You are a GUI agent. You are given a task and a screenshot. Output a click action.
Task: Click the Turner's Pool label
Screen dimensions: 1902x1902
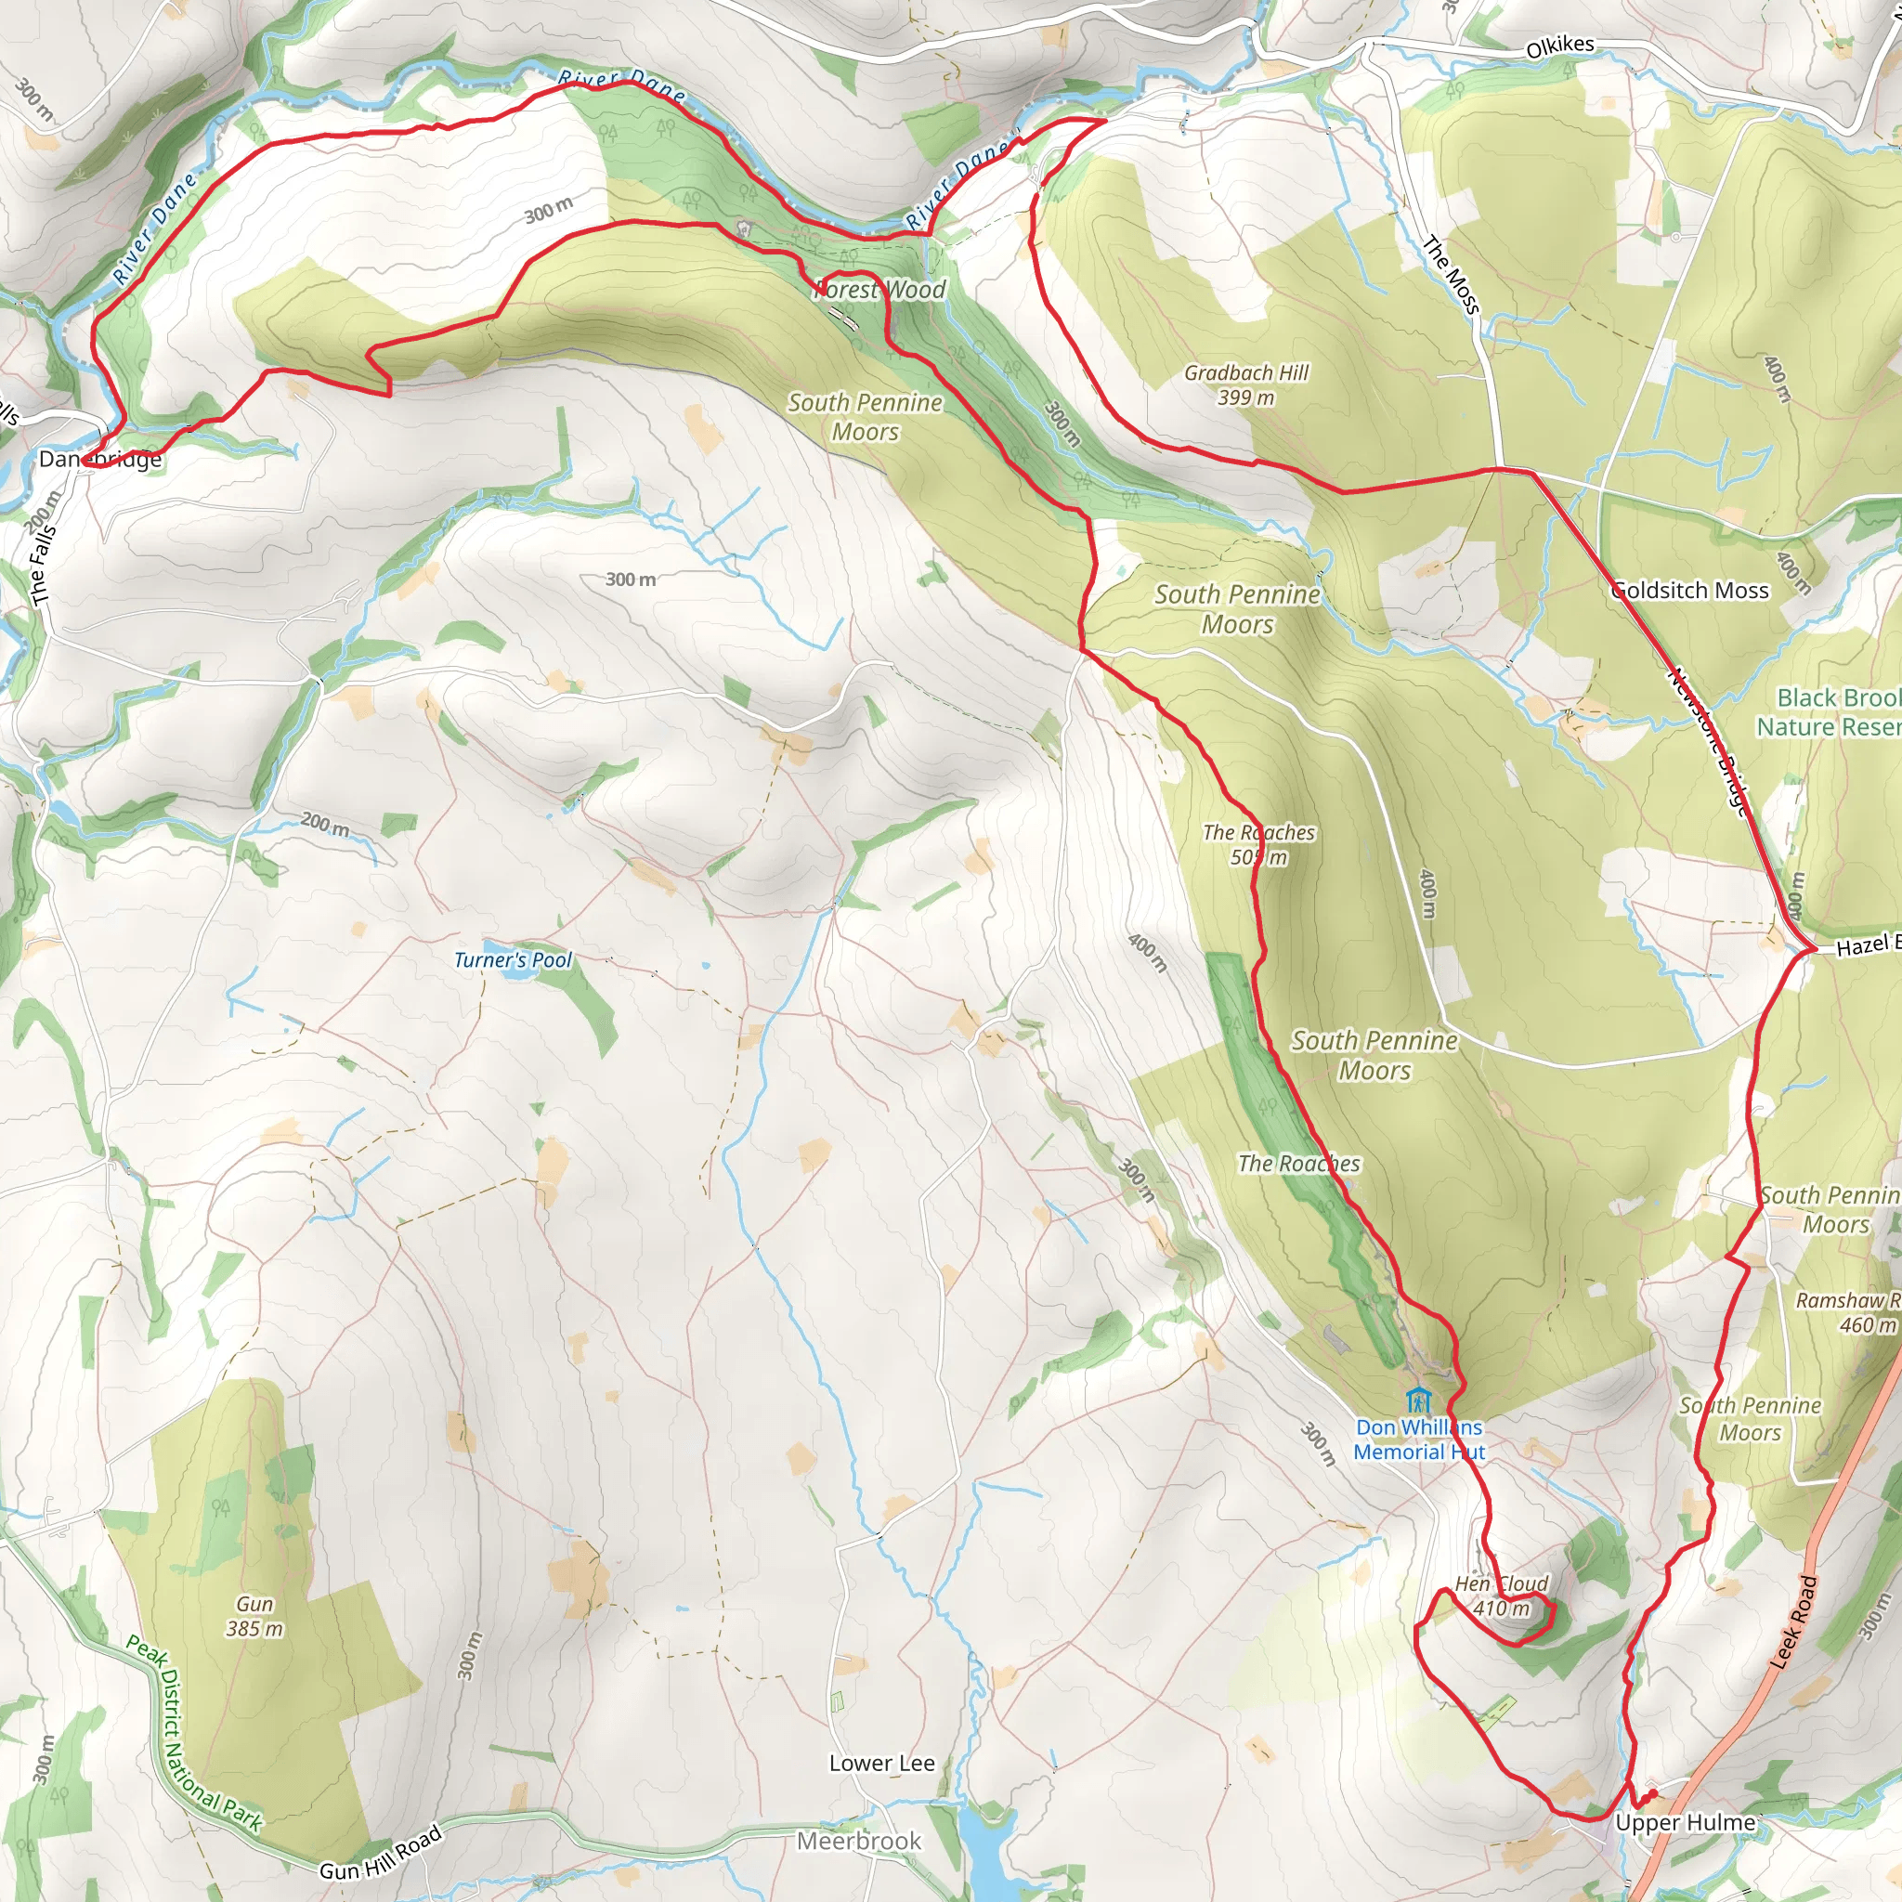[x=512, y=960]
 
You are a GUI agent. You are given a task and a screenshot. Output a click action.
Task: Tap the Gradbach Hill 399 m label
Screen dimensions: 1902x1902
[x=1246, y=384]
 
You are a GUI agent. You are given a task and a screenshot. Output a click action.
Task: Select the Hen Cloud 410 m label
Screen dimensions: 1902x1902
[x=1502, y=1596]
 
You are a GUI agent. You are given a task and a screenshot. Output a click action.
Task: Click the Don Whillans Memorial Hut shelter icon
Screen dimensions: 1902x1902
[x=1417, y=1399]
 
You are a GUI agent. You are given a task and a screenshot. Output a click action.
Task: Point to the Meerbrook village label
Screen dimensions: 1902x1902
[x=858, y=1841]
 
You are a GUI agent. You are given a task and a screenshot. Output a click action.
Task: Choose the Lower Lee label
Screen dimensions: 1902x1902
[x=881, y=1764]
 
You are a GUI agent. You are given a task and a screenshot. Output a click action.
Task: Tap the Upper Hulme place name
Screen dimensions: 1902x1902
[x=1686, y=1823]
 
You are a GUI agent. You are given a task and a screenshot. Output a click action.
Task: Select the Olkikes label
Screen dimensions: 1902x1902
[x=1559, y=46]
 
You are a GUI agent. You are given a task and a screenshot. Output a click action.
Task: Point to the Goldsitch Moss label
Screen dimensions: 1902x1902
[x=1689, y=591]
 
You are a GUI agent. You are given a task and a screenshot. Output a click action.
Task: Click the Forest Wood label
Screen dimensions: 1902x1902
[x=880, y=290]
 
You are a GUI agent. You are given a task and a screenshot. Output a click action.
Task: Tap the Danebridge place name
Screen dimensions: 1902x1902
[x=100, y=459]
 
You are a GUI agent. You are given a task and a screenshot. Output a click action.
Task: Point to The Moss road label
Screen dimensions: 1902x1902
[x=1452, y=276]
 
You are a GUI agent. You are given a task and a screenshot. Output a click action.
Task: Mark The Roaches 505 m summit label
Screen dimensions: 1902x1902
[x=1258, y=845]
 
